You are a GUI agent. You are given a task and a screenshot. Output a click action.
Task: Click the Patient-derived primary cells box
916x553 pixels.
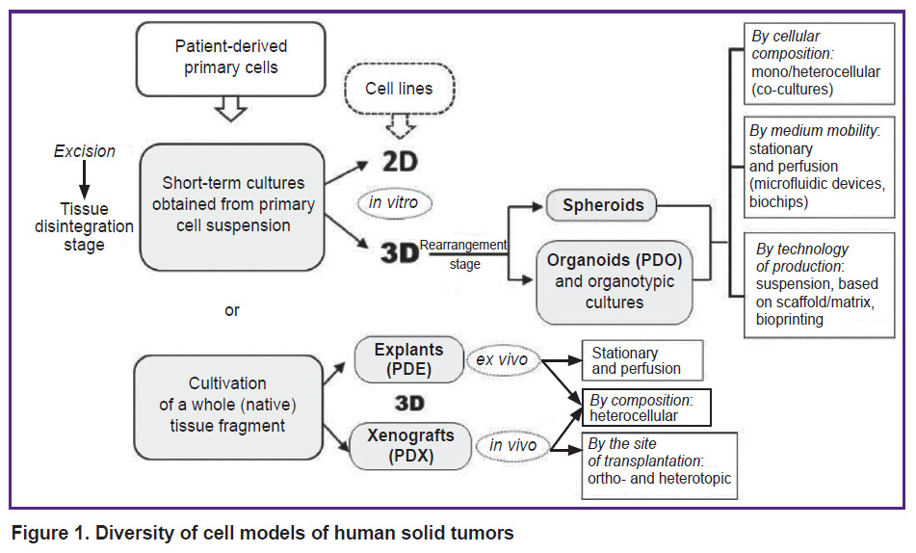coord(231,59)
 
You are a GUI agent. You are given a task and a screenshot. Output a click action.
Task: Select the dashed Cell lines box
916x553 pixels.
coord(399,89)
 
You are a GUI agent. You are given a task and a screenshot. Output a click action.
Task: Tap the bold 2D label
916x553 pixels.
coord(400,162)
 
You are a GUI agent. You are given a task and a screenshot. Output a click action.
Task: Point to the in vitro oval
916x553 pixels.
coord(394,203)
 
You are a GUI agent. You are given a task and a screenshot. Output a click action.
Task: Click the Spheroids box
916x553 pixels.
coord(602,205)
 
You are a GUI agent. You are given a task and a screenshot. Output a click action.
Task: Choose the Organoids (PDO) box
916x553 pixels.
coord(615,281)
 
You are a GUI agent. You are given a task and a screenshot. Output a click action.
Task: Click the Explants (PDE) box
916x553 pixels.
coord(409,359)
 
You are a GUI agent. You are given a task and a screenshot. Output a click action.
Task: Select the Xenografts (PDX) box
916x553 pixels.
coord(410,445)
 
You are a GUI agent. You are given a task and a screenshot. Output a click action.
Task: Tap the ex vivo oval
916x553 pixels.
coord(502,359)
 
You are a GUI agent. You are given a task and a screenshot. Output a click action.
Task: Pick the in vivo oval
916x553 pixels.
coord(513,445)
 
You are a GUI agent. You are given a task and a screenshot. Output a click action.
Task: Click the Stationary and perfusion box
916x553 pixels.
coord(642,360)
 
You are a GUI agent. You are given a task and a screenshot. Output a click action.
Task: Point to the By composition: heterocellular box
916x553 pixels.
coord(646,408)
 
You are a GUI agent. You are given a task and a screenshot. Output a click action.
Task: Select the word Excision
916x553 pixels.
coord(85,151)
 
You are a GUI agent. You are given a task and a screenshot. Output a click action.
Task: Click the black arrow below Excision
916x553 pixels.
coord(85,179)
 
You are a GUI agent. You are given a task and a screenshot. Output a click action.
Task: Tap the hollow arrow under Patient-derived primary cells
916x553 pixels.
coord(231,109)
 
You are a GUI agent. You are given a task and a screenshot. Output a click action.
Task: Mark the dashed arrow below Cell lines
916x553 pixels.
coord(401,126)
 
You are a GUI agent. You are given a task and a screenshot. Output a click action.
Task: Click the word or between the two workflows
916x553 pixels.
coord(232,310)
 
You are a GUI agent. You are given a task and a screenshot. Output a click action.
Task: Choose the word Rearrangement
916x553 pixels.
coord(463,245)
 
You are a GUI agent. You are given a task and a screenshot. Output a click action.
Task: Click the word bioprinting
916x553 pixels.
coord(789,320)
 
